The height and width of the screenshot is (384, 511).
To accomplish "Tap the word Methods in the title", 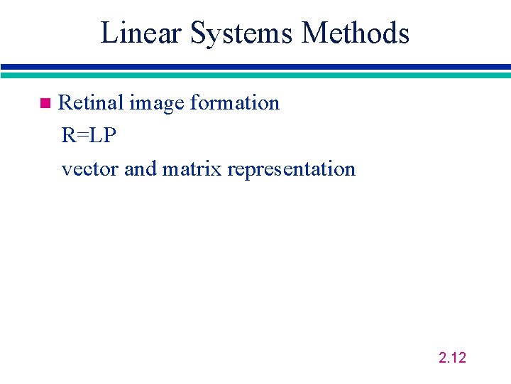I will (356, 33).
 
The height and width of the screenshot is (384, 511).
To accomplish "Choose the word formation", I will (236, 103).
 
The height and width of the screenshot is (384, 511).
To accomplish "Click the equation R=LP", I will (89, 135).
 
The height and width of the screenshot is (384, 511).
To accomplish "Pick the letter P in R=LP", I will (109, 135).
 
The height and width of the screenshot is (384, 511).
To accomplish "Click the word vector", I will (90, 169).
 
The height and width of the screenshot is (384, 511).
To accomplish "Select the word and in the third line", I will (141, 169).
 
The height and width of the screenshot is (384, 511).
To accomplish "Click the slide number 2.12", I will (452, 358).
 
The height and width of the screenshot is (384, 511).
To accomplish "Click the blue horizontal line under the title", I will (255, 67).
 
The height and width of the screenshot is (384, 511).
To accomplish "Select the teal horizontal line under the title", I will (255, 74).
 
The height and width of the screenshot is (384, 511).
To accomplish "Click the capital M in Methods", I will (314, 33).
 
